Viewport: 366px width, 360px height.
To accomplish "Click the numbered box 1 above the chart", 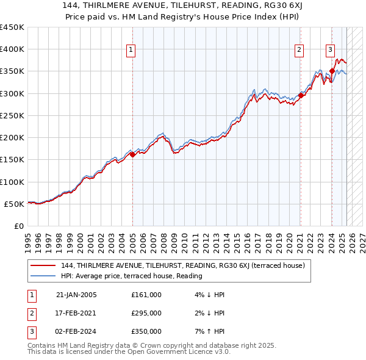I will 131,51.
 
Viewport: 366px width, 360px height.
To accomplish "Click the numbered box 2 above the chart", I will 300,51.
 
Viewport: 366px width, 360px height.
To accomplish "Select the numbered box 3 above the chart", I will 330,51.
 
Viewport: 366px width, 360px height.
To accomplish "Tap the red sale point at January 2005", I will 132,154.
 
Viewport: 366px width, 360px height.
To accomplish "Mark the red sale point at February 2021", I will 301,95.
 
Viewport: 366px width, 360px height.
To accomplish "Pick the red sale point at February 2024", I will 332,71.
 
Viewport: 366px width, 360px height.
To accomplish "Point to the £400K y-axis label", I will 12,49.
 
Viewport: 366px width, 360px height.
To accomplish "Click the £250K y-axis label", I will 12,115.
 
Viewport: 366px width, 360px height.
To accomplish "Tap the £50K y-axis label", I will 15,204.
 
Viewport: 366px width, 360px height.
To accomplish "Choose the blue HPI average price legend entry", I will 131,276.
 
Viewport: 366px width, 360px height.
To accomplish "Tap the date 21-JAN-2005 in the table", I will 76,295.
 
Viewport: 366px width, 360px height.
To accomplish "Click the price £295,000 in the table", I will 146,313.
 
